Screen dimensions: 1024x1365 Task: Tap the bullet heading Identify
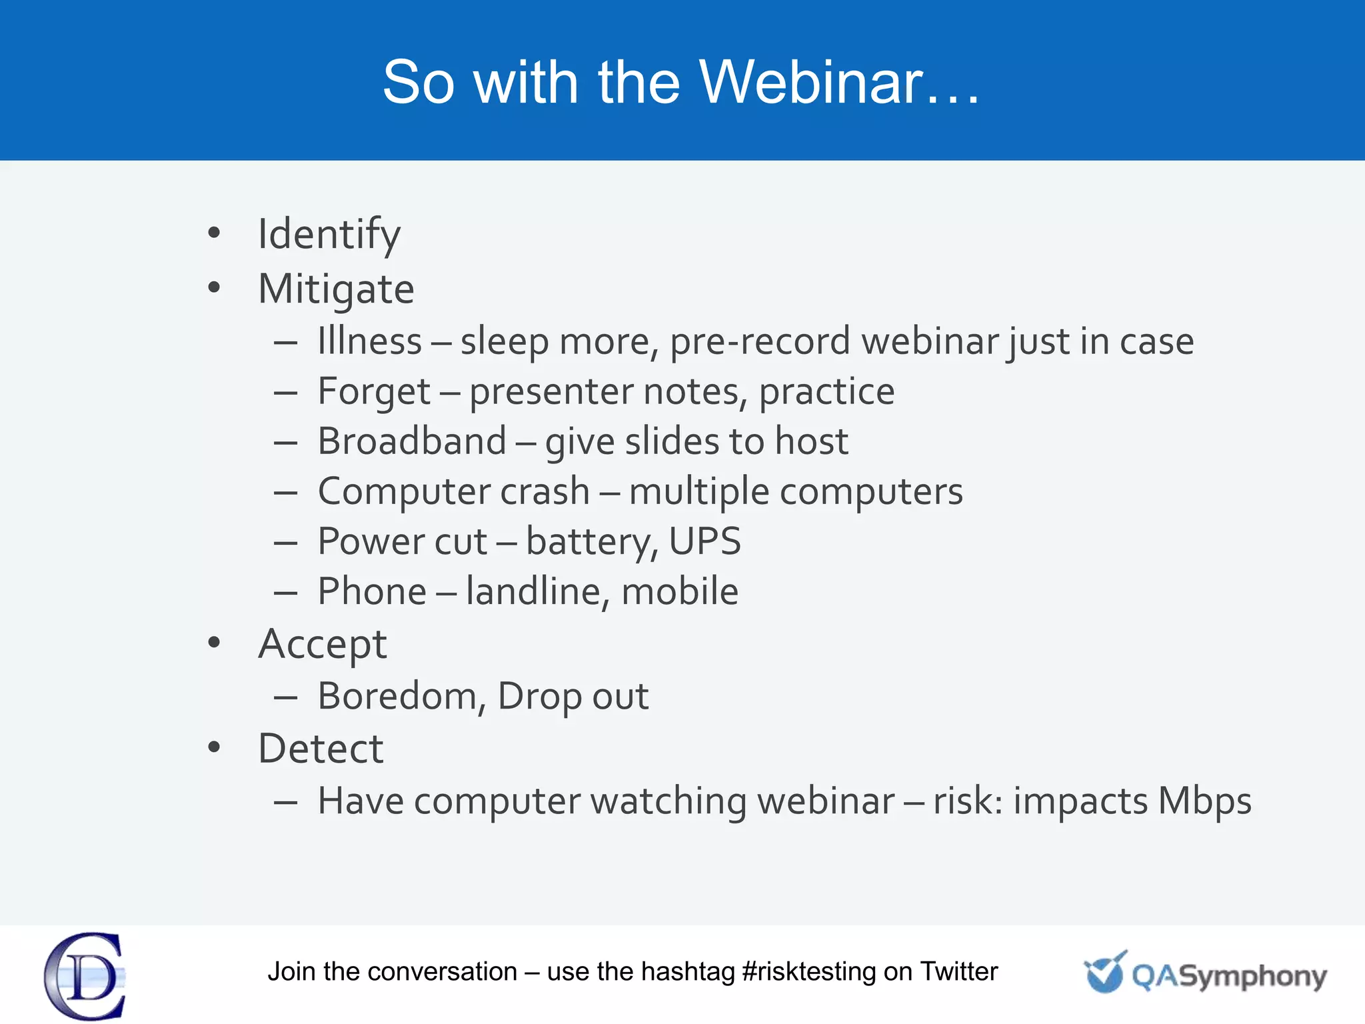click(x=329, y=235)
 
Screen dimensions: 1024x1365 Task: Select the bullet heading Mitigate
click(x=336, y=289)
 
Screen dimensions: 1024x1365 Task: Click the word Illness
click(x=369, y=341)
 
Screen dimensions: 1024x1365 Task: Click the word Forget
click(x=374, y=391)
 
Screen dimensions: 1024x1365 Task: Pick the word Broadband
click(x=412, y=441)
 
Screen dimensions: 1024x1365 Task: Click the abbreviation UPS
click(x=704, y=541)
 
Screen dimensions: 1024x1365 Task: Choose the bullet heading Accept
click(x=323, y=645)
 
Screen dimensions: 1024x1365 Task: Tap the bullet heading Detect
click(x=321, y=749)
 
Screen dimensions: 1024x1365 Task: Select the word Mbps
click(x=1204, y=801)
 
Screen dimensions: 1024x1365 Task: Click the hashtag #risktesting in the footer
click(x=808, y=972)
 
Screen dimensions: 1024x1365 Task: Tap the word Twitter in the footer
click(x=958, y=972)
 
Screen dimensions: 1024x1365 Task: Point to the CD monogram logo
click(x=85, y=976)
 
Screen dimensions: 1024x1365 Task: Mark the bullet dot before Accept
click(x=214, y=643)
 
